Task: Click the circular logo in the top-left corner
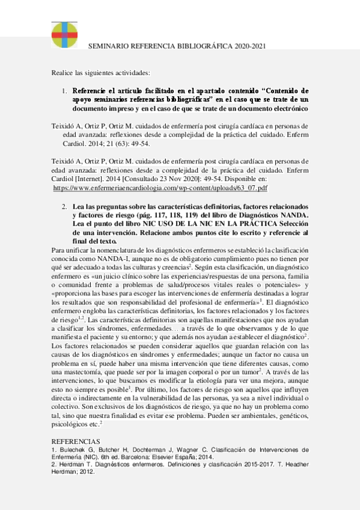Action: [x=64, y=34]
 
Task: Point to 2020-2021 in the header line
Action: [x=250, y=46]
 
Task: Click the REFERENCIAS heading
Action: [x=75, y=441]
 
